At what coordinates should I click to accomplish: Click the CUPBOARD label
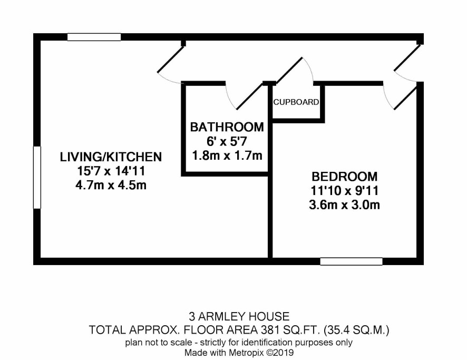click(x=296, y=102)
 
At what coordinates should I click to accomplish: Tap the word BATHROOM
click(x=227, y=127)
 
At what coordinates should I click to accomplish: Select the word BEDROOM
click(x=345, y=177)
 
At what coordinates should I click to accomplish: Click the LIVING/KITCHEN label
click(x=111, y=157)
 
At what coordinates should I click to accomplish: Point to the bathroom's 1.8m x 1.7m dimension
click(x=227, y=155)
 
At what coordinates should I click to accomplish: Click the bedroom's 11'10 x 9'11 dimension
click(x=345, y=191)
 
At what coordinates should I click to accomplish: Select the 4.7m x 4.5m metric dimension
click(x=111, y=185)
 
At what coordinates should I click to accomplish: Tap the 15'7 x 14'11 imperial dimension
click(x=111, y=171)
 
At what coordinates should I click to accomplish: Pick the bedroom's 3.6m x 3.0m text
click(x=345, y=205)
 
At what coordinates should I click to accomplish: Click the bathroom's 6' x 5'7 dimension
click(x=227, y=141)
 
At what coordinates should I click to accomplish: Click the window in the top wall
click(x=94, y=37)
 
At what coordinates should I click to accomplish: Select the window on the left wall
click(x=37, y=177)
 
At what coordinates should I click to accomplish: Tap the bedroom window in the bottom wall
click(x=351, y=261)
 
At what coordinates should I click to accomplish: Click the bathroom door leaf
click(x=250, y=96)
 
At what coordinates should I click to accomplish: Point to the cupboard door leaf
click(x=289, y=70)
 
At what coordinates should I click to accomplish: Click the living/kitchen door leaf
click(x=171, y=59)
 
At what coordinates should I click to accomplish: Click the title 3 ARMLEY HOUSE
click(x=239, y=316)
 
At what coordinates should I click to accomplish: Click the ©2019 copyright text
click(x=280, y=353)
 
